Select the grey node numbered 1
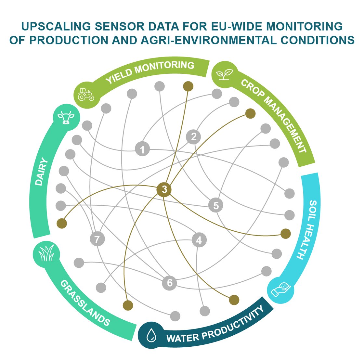[x=142, y=149]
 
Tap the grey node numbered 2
[x=194, y=136]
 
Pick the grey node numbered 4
[x=199, y=240]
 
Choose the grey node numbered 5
[x=216, y=205]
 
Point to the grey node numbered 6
[x=169, y=283]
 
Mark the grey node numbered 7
[x=97, y=239]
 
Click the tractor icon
[x=86, y=94]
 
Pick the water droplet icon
[x=151, y=335]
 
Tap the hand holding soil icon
[x=280, y=289]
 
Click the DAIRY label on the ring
[x=41, y=172]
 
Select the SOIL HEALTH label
[x=307, y=230]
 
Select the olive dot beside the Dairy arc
[x=61, y=223]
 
